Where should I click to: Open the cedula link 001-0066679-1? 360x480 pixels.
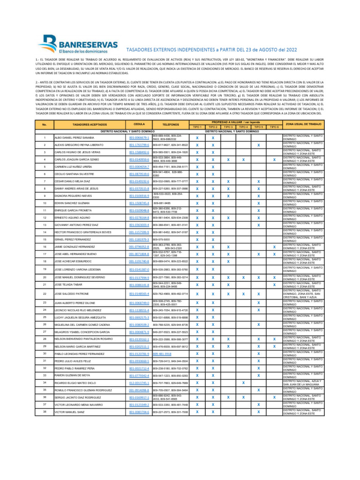139,138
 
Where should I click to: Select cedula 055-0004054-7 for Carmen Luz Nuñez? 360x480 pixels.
139,167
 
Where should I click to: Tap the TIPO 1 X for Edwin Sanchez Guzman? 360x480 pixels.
197,203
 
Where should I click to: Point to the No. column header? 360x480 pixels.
44,124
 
